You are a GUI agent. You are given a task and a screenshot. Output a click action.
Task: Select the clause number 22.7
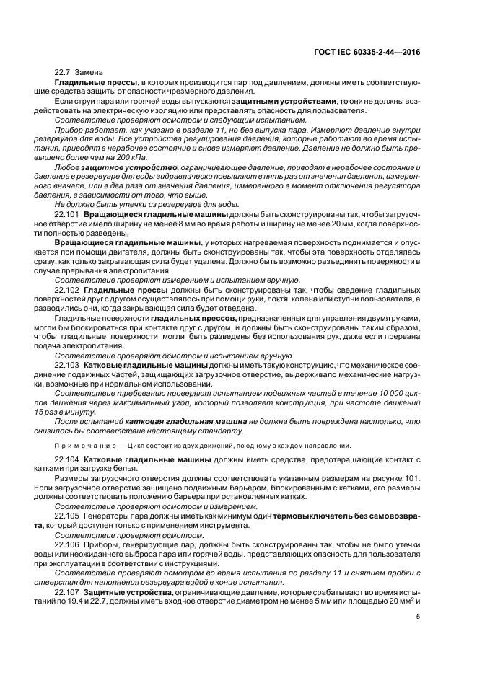[x=64, y=74]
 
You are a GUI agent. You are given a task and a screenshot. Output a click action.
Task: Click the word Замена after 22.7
[x=89, y=74]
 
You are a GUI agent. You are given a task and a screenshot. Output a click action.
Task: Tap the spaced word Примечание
[x=79, y=445]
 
